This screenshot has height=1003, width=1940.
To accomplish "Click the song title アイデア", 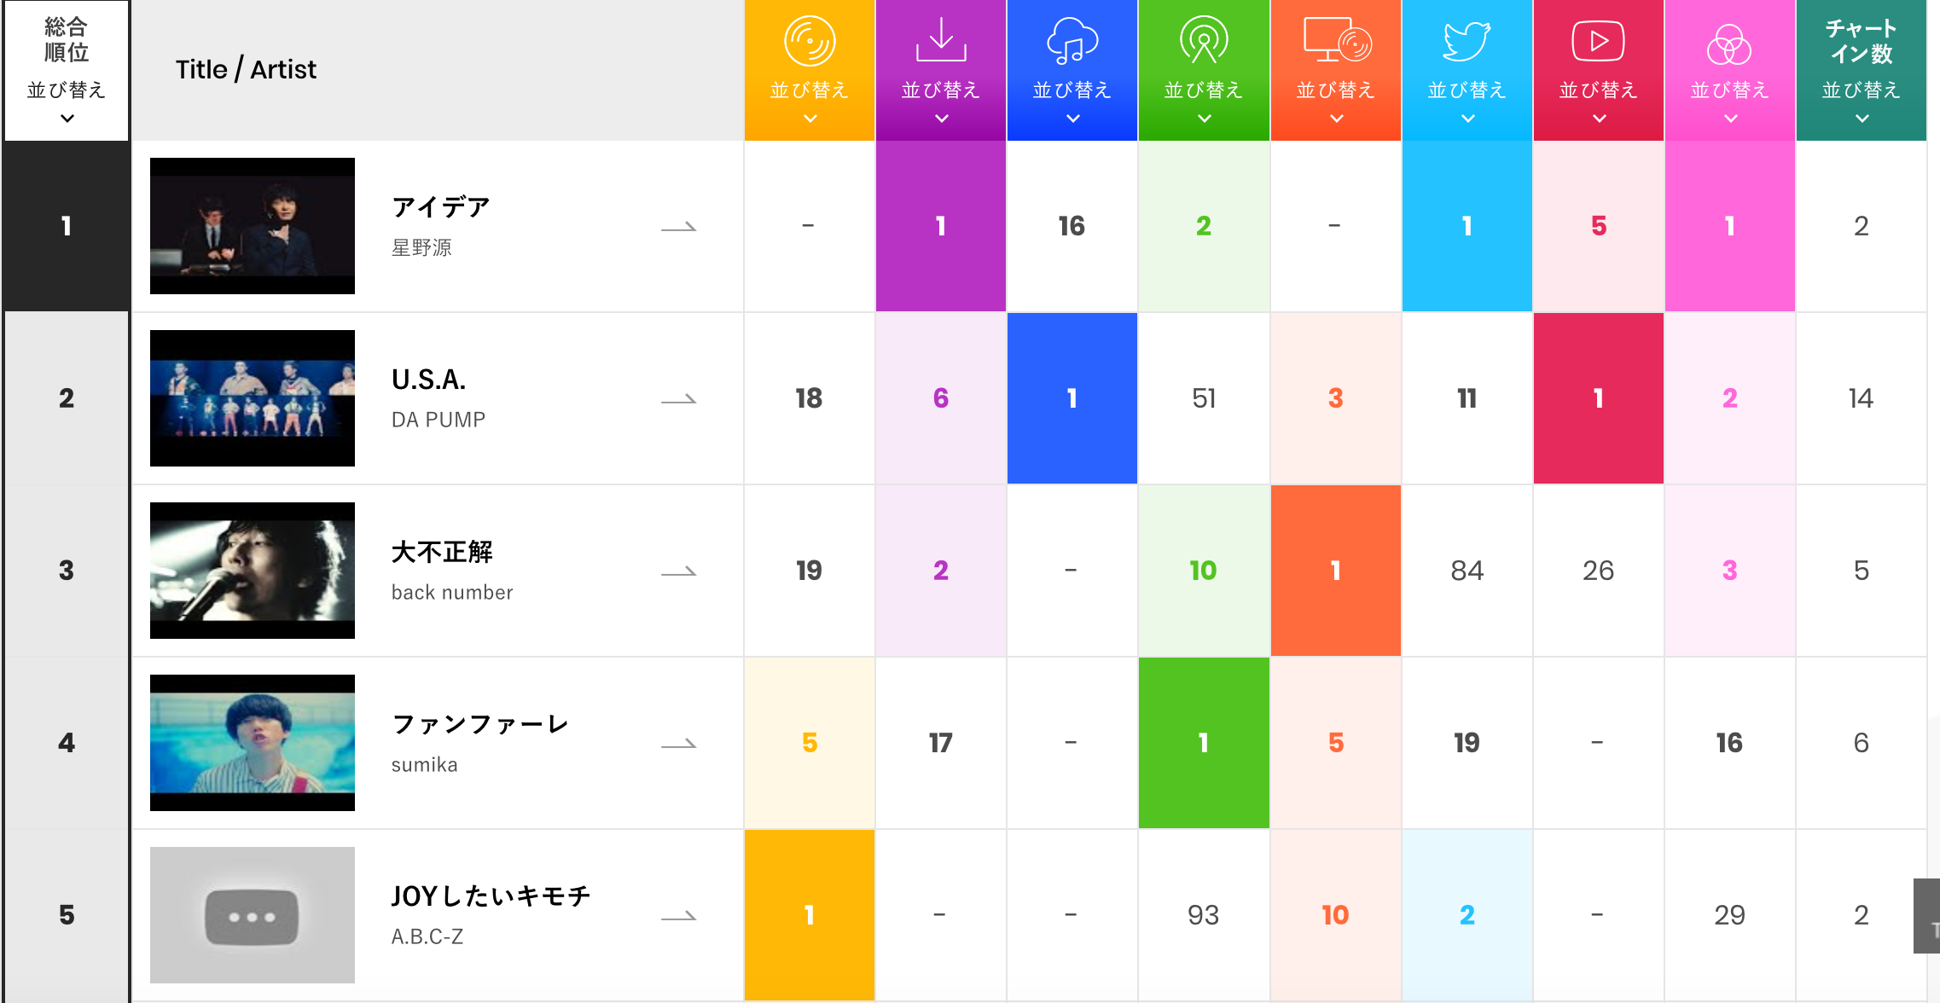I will click(x=441, y=207).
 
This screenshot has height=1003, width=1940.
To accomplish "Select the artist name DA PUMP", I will click(x=439, y=420).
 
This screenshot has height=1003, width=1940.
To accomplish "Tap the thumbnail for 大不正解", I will click(x=253, y=571).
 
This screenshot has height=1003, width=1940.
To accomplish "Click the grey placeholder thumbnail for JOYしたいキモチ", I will click(x=253, y=915).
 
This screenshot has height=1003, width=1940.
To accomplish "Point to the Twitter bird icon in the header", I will click(x=1467, y=41).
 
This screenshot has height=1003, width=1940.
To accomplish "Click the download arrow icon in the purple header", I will click(x=941, y=40).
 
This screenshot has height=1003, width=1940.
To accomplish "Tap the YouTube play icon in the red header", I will click(x=1598, y=41).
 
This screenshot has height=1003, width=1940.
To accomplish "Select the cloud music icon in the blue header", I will click(x=1072, y=41).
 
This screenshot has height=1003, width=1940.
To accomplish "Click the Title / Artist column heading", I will click(x=246, y=69).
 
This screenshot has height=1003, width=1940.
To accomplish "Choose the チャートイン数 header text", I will click(x=1862, y=41).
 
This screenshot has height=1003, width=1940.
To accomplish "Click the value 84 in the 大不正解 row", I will click(x=1467, y=571).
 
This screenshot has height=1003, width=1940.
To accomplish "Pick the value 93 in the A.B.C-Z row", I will click(x=1203, y=915).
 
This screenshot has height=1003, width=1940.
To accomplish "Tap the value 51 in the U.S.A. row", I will click(x=1203, y=398).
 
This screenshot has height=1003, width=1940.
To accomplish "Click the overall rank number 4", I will click(x=67, y=743).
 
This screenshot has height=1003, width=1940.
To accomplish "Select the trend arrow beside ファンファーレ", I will click(x=679, y=745).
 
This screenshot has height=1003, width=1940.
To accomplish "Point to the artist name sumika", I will click(x=424, y=765).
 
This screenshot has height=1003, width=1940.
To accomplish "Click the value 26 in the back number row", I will click(x=1598, y=571).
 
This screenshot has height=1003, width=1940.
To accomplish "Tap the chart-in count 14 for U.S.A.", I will click(x=1861, y=398).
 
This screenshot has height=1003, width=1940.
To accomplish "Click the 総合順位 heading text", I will click(x=67, y=40).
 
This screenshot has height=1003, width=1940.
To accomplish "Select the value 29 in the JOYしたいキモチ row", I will click(x=1729, y=915).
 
